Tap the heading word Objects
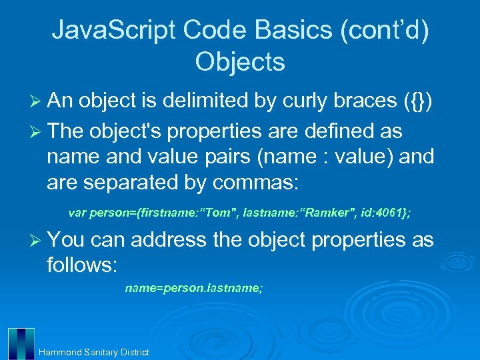click(240, 62)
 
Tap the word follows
click(81, 266)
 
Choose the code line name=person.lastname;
click(194, 288)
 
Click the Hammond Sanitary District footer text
click(94, 352)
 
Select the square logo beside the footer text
click(21, 343)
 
